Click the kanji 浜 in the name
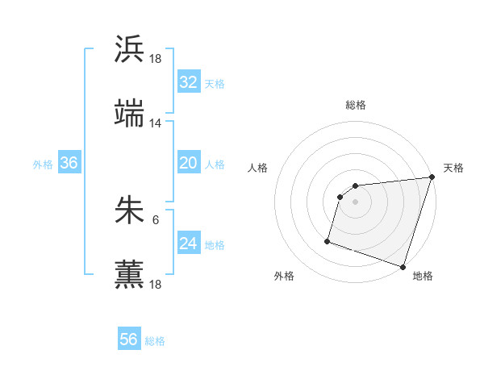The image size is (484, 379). tap(130, 49)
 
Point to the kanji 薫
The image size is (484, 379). tap(130, 274)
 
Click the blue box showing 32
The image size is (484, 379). tap(188, 82)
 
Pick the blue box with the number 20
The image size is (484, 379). tap(188, 163)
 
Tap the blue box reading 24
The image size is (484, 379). tap(188, 244)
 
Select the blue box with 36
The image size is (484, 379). tap(69, 163)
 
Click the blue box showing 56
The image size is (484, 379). tap(128, 339)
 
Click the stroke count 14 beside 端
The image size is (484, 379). tap(156, 123)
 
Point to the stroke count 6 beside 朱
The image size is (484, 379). tap(156, 219)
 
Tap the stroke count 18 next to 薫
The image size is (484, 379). tap(156, 284)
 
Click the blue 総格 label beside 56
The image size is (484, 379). tap(155, 341)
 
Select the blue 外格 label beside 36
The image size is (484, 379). tap(43, 165)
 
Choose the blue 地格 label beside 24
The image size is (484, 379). tap(215, 245)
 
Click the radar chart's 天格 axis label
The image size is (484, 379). tap(453, 168)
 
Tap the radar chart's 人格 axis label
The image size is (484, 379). tap(258, 168)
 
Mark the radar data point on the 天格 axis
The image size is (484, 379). tap(432, 178)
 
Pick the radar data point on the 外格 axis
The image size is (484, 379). tap(328, 240)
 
